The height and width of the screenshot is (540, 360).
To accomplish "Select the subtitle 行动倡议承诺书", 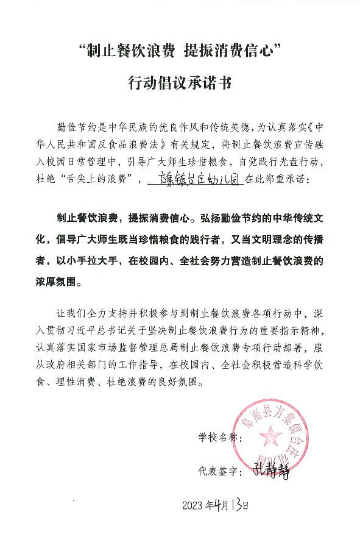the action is (x=180, y=82).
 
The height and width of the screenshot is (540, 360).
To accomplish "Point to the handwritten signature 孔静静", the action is (x=269, y=471).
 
